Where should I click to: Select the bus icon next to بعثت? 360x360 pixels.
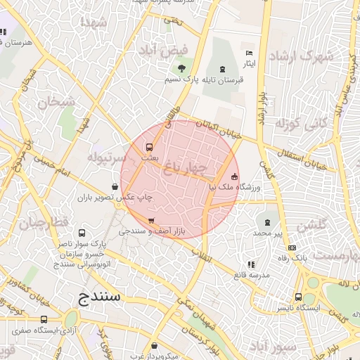click(x=149, y=148)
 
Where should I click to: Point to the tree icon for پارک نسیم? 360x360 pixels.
click(x=182, y=68)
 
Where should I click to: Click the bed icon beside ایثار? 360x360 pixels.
click(x=247, y=53)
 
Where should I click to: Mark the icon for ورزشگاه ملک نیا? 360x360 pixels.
click(x=234, y=176)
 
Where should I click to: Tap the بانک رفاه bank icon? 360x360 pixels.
click(x=292, y=247)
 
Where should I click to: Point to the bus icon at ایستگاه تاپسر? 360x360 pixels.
click(x=298, y=297)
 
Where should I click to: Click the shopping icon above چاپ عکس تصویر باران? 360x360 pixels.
click(x=115, y=186)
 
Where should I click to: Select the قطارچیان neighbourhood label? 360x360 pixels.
click(x=44, y=224)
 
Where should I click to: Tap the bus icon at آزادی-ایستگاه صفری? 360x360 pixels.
click(x=44, y=319)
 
